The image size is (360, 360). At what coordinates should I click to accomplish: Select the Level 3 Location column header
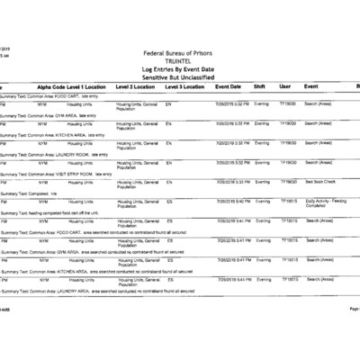(x=185, y=86)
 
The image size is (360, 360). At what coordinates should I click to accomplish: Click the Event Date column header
(x=229, y=86)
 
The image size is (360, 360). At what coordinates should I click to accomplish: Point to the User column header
(x=285, y=86)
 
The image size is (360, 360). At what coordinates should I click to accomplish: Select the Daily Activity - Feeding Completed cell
(x=326, y=203)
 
